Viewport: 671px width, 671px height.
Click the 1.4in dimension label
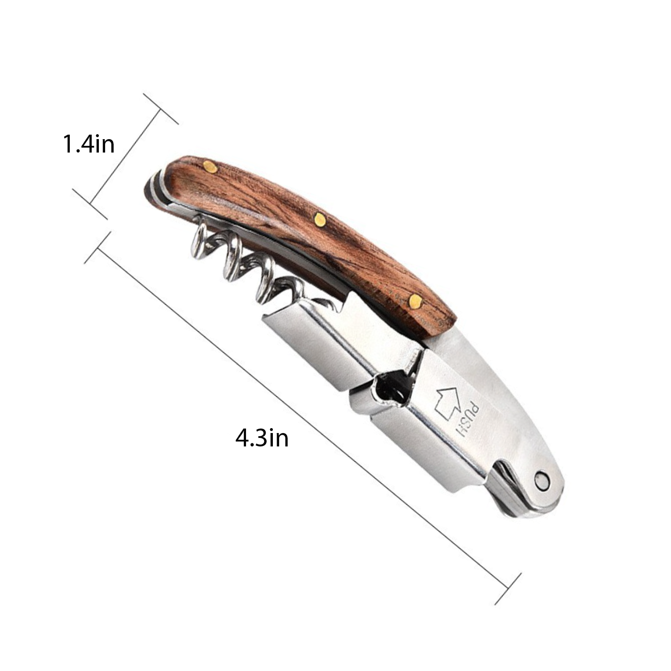(89, 144)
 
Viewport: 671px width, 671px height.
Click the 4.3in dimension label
(262, 438)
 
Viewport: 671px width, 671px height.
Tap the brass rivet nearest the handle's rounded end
(210, 167)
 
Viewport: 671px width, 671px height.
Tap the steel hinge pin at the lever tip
(543, 482)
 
